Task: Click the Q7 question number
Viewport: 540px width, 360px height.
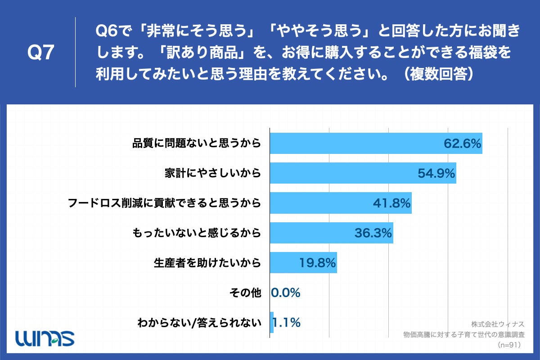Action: click(x=41, y=53)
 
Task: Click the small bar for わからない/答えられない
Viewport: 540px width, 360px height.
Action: click(x=272, y=322)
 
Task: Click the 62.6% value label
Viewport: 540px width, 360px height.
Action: click(x=463, y=144)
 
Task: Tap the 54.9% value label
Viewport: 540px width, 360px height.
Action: click(x=436, y=173)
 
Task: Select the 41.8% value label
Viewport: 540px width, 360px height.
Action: click(x=392, y=203)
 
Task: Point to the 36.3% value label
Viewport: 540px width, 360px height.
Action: click(x=373, y=233)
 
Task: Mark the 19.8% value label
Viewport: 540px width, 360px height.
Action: click(x=318, y=263)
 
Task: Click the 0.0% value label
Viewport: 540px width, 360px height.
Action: click(x=286, y=293)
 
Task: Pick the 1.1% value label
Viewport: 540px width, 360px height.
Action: click(x=287, y=323)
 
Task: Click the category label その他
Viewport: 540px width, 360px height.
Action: click(x=245, y=293)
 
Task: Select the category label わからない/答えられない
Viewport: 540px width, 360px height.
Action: click(x=199, y=323)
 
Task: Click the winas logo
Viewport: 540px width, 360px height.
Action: click(x=45, y=337)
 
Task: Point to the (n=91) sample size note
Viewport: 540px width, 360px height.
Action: click(x=508, y=345)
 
